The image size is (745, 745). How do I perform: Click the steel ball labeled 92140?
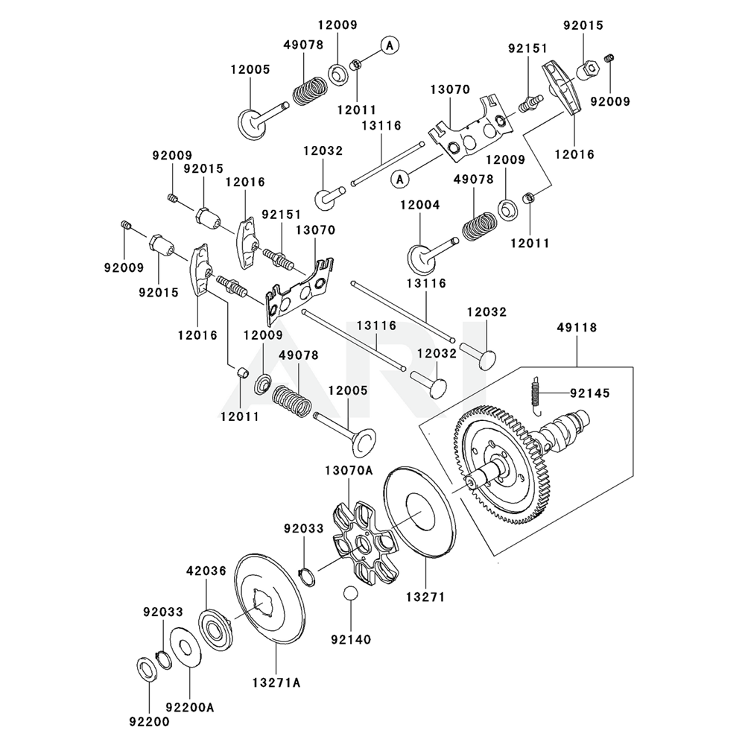tap(351, 595)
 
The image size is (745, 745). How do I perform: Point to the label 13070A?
tap(348, 470)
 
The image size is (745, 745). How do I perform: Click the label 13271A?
tap(276, 682)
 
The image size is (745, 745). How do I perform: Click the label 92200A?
tap(189, 706)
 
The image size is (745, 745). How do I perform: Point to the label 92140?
tap(351, 638)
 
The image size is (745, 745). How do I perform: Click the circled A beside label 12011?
tap(388, 45)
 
